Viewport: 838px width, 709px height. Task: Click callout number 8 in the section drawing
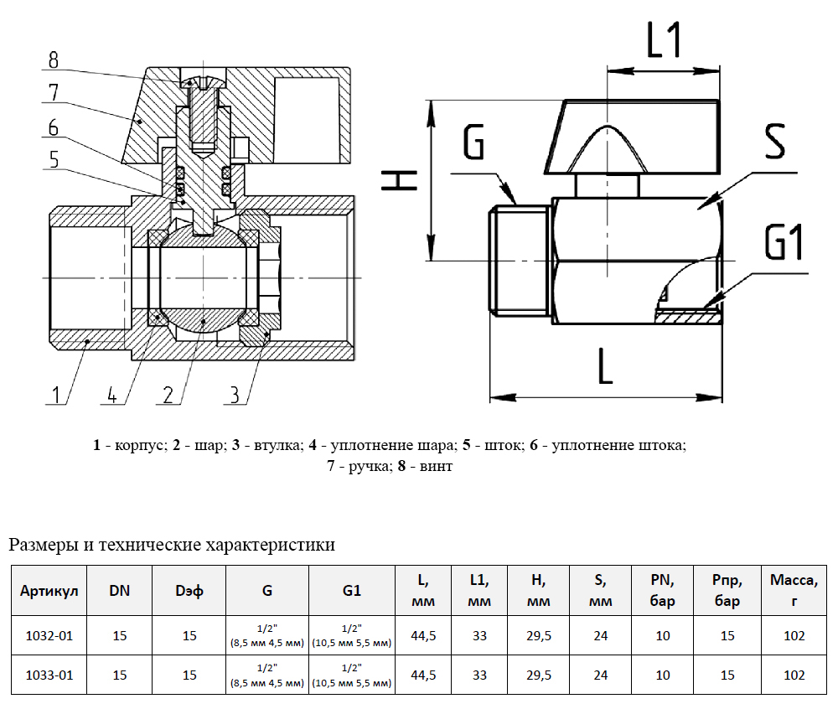(54, 60)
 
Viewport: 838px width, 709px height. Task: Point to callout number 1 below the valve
(56, 395)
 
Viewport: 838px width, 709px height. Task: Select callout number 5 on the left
(54, 159)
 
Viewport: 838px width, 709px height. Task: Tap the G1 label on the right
(784, 244)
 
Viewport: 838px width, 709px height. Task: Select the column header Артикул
(49, 590)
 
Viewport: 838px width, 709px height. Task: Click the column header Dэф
(189, 590)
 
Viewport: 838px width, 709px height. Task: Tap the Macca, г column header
(793, 590)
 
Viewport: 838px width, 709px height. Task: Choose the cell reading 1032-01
(49, 636)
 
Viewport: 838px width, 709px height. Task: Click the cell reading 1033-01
(49, 675)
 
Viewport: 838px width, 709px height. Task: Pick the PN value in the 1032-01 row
(663, 636)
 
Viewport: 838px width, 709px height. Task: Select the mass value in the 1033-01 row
(793, 675)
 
